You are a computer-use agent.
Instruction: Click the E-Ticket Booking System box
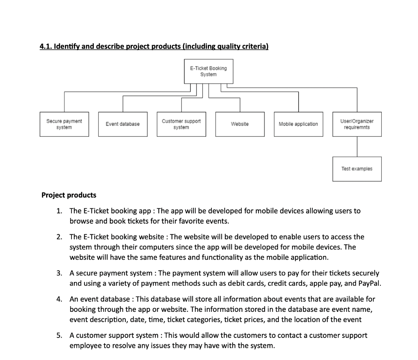coord(208,71)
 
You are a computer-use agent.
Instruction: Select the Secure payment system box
coord(64,124)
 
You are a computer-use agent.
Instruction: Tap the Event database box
coord(122,124)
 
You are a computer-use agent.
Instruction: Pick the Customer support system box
coord(181,124)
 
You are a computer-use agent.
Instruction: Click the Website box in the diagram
coord(240,124)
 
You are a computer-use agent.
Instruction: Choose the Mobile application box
coord(298,124)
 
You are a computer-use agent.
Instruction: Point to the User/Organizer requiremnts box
coord(357,124)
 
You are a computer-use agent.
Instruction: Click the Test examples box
coord(357,169)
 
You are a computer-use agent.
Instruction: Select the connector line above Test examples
coord(357,147)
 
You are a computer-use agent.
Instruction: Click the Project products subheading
coord(69,195)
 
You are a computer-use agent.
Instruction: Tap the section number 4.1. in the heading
coord(46,47)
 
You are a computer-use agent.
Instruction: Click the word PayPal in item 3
coord(369,284)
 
